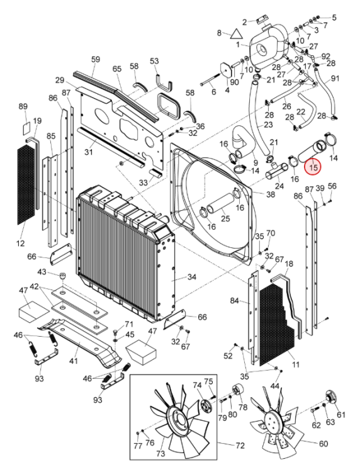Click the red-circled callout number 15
point(313,167)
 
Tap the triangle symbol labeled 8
point(236,34)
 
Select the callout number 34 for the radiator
point(191,277)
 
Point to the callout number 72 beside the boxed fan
point(240,446)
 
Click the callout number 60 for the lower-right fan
point(323,444)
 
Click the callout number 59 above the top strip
point(96,59)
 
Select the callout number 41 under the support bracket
point(73,361)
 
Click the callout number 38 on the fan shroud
point(270,194)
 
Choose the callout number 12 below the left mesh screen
point(20,243)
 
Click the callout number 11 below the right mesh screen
point(296,364)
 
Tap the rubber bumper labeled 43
point(62,276)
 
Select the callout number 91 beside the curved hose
point(335,78)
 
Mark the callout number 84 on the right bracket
point(235,300)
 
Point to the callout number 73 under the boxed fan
point(160,452)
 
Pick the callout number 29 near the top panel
point(60,80)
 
